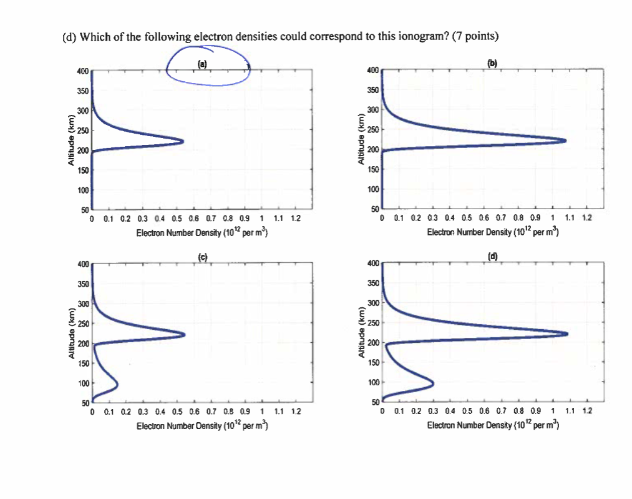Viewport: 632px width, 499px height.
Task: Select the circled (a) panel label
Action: click(x=202, y=64)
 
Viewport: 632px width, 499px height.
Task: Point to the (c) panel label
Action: click(x=202, y=257)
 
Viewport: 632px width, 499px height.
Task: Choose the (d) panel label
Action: click(x=493, y=257)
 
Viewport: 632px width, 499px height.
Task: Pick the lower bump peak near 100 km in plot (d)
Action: click(x=433, y=382)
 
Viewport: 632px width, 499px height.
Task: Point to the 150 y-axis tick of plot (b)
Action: click(x=373, y=169)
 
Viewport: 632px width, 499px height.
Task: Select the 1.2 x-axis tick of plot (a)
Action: click(x=296, y=219)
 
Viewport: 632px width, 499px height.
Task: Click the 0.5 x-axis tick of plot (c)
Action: click(x=177, y=412)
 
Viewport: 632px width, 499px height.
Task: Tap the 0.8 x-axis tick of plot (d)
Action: click(x=518, y=412)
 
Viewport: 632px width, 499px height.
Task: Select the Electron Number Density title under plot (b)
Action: click(x=493, y=232)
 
